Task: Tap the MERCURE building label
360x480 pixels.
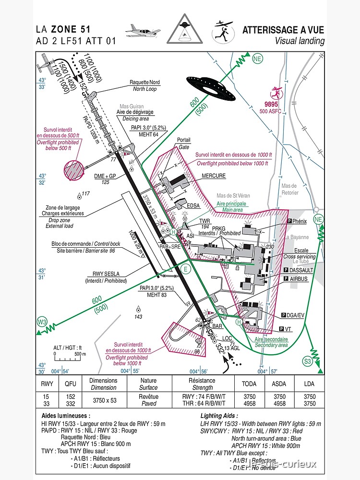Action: [x=214, y=176]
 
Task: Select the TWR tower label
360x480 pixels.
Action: [x=205, y=221]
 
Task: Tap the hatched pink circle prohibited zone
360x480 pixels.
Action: [x=73, y=170]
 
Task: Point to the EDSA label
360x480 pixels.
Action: [x=193, y=205]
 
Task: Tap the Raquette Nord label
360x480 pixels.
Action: [x=144, y=83]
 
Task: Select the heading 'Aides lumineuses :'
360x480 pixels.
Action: [x=66, y=416]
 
